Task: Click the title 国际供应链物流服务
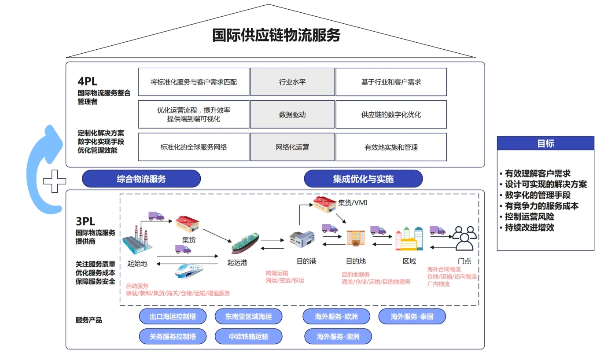click(276, 35)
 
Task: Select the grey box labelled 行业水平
click(292, 82)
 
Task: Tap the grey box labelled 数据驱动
click(292, 114)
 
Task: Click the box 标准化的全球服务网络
click(194, 147)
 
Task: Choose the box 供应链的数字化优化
click(391, 114)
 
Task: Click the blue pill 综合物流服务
click(141, 179)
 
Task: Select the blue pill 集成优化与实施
click(363, 179)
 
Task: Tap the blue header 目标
click(545, 143)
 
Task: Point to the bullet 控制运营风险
click(530, 217)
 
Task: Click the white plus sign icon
click(55, 181)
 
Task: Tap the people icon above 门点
click(464, 238)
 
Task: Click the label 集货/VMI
click(353, 203)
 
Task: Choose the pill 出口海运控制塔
click(173, 316)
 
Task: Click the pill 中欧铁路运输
click(248, 337)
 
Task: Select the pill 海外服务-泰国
click(412, 316)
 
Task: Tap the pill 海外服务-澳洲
click(338, 337)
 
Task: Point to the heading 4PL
click(87, 81)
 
